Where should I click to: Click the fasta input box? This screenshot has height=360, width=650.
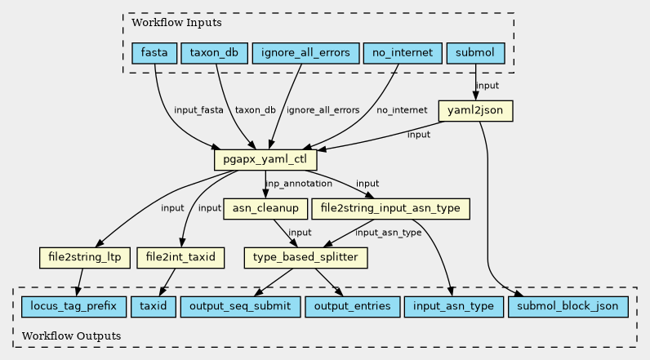coord(154,53)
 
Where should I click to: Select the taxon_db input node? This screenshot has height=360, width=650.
coord(214,53)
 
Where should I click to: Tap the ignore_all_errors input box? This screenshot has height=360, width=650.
coord(305,53)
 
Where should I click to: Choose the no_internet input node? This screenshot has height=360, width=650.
coord(403,53)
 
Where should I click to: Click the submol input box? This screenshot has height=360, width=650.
coord(475,53)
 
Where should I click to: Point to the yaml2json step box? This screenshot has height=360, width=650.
coord(475,110)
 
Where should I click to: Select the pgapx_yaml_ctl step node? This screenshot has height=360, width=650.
coord(265,159)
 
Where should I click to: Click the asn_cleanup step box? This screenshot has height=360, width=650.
coord(265,208)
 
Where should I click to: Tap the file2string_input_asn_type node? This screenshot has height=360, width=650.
coord(390,208)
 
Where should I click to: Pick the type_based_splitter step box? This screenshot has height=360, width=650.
coord(305,257)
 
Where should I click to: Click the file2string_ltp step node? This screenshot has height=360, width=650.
coord(85,257)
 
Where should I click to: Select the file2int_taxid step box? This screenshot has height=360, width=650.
coord(180,257)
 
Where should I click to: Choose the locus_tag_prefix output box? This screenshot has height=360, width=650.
coord(73,307)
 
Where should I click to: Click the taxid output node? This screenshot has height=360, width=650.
coord(154,307)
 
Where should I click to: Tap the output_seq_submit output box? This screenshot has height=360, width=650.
coord(240,307)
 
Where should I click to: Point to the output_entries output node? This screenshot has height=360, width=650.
coord(353,307)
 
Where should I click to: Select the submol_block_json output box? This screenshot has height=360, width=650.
coord(568,307)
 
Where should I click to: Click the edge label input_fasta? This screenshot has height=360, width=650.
coord(198,110)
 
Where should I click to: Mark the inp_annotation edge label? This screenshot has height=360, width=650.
coord(299,184)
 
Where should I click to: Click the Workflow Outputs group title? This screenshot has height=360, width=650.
coord(71,336)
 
